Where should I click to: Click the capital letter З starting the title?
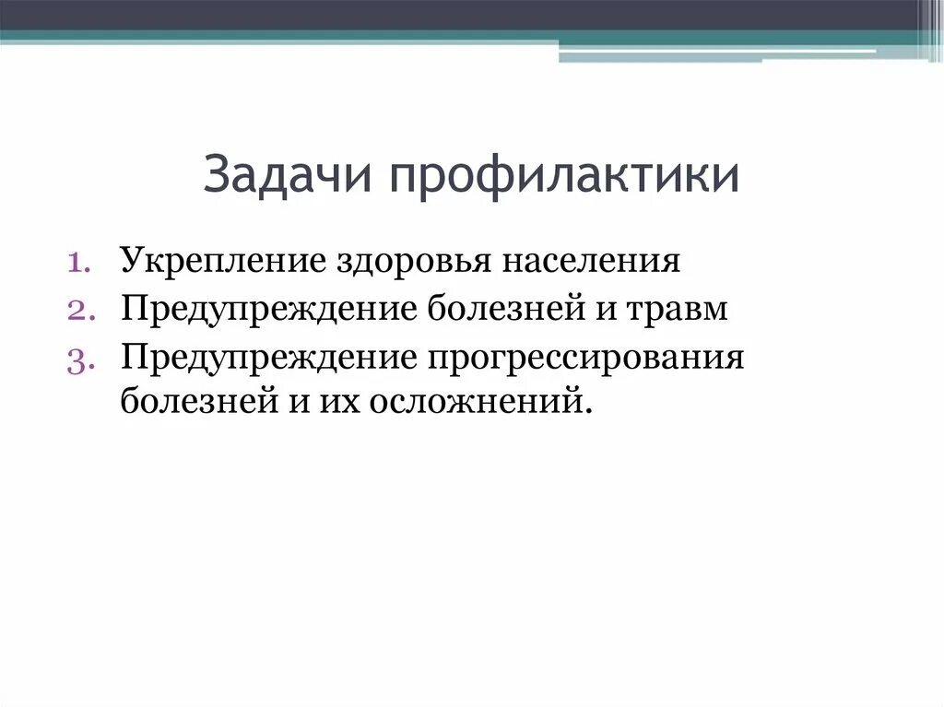coord(218,174)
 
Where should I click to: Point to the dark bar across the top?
coord(461,15)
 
